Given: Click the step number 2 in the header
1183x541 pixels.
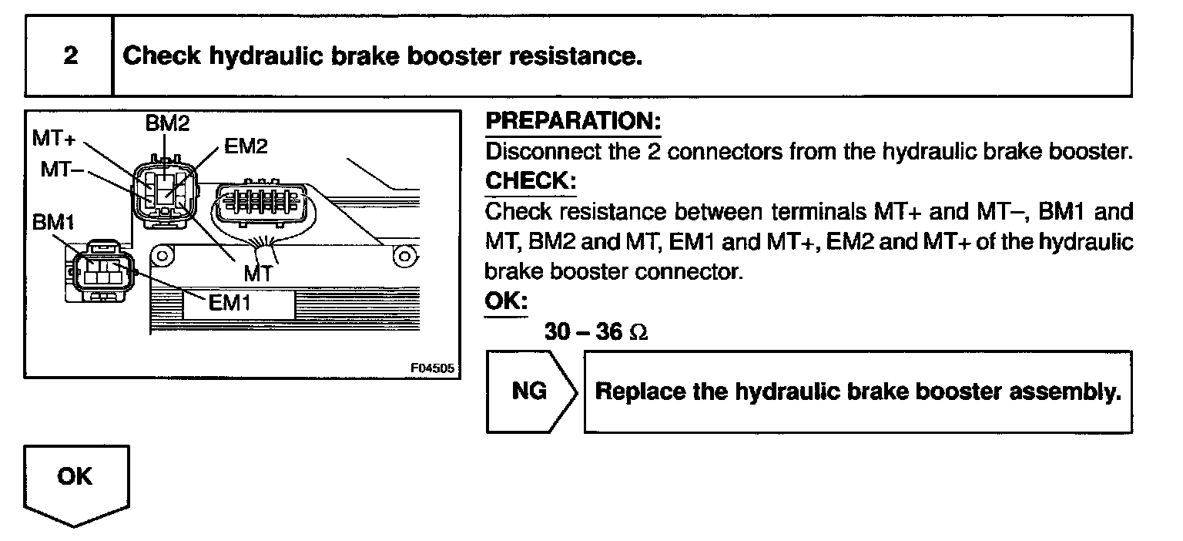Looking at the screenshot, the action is [70, 57].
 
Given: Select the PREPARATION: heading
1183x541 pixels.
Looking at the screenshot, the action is [573, 122].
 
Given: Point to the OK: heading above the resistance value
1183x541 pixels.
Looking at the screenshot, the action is [506, 301].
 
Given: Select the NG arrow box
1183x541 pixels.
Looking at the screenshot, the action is [531, 391].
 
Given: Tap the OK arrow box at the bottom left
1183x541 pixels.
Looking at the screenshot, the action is [74, 478].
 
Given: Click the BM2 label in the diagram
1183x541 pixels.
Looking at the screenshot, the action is [167, 122].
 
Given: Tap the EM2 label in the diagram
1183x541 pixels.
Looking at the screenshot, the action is [246, 146].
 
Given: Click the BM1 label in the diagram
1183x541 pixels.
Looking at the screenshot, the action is [52, 222].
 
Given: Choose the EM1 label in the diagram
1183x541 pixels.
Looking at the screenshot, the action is [230, 303].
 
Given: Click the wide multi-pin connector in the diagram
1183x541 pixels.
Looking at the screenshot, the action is [261, 206].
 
